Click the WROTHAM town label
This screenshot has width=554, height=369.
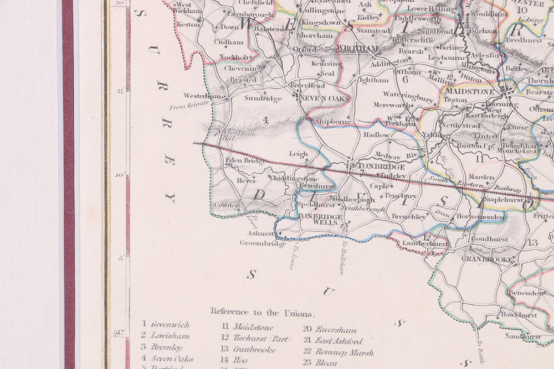[x=357, y=48]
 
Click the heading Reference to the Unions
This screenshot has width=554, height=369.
[x=261, y=313]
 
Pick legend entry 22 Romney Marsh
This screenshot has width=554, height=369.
[x=338, y=352]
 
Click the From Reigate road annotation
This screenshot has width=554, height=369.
[x=189, y=104]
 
